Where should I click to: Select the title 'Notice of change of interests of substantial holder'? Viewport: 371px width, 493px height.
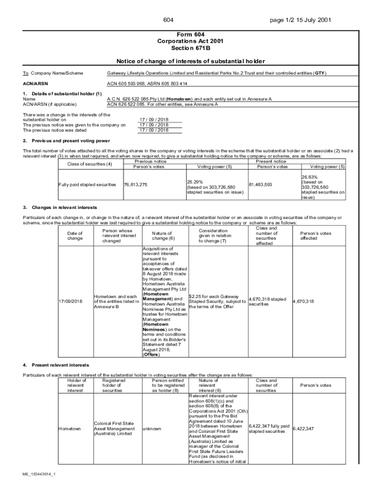(x=191, y=62)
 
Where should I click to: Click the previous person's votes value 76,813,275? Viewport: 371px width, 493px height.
(x=136, y=185)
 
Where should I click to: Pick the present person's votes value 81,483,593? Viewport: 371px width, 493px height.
(x=260, y=184)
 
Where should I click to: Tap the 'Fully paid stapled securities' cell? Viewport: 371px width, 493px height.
(x=87, y=185)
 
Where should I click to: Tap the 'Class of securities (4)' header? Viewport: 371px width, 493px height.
(x=85, y=164)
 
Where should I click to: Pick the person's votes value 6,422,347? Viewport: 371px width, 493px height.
(x=304, y=428)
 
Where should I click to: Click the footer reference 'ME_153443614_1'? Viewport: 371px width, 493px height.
(x=39, y=475)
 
